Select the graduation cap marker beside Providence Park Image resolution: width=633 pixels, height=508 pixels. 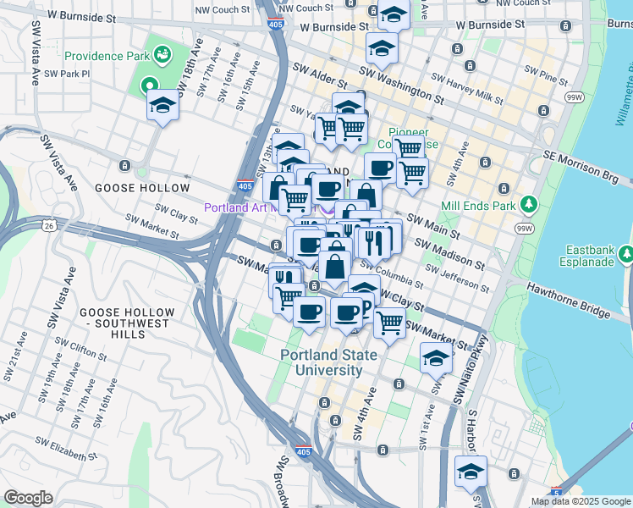162,106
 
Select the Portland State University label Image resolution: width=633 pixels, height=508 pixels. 322,362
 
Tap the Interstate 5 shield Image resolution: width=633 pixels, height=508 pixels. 555,492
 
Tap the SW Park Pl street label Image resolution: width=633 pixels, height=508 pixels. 67,74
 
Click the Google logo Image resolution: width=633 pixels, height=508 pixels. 29,498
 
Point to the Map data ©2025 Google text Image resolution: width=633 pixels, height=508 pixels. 579,501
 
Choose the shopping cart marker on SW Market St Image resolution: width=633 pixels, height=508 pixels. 389,323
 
